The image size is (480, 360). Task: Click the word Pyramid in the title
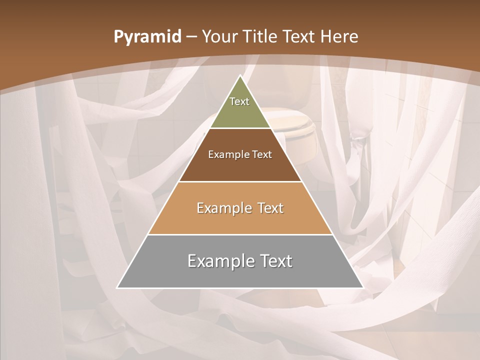(x=147, y=37)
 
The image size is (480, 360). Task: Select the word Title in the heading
(x=260, y=37)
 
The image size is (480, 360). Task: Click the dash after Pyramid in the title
(x=191, y=37)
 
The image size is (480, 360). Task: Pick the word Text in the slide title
(x=301, y=37)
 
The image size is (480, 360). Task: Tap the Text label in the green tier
(x=239, y=101)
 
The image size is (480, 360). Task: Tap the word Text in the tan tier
(x=270, y=208)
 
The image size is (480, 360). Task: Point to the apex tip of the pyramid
(x=240, y=75)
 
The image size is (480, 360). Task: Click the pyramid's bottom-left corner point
(x=117, y=287)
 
